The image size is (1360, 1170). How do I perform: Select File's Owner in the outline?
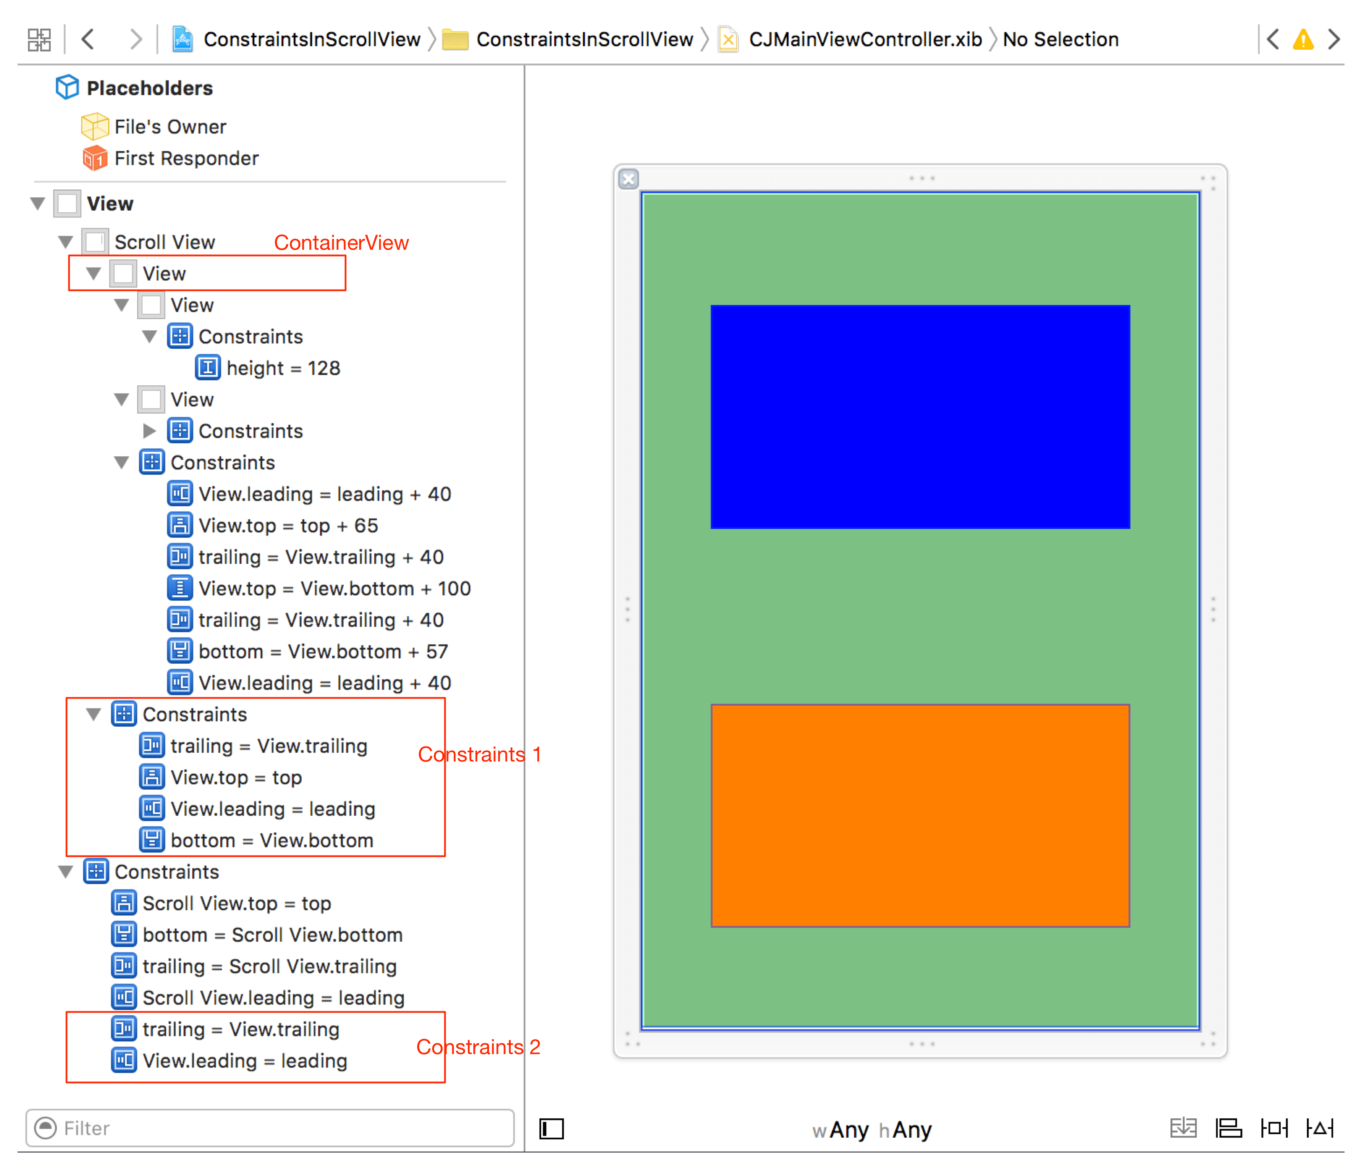pos(170,127)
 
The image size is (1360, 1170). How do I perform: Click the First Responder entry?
pos(186,158)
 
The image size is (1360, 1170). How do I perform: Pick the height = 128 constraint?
pos(282,368)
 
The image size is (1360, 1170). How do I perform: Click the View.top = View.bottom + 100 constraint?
pos(334,589)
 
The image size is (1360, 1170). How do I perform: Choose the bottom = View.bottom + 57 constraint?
pos(323,652)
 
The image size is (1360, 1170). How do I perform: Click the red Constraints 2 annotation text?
pos(478,1047)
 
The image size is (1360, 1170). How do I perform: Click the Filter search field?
pos(269,1128)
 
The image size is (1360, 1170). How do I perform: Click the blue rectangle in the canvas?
pos(919,417)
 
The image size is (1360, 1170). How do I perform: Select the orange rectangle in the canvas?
pos(919,815)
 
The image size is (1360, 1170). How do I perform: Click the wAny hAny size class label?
pos(872,1130)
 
